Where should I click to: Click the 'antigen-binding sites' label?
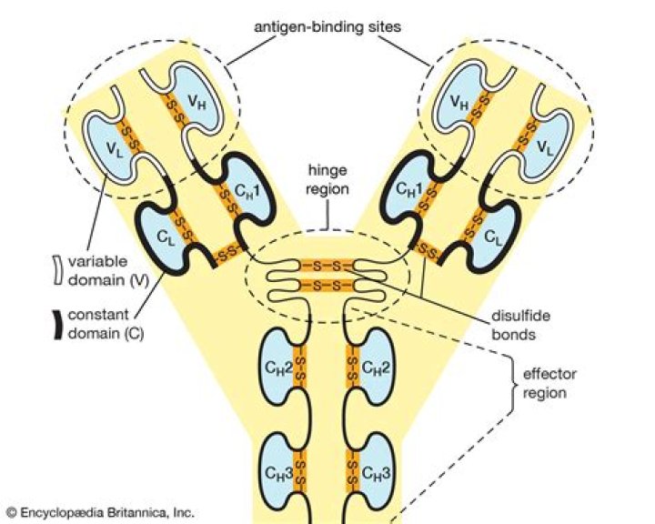point(327,27)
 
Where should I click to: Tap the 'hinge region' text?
point(327,180)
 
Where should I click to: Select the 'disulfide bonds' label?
point(520,325)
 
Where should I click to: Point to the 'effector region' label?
point(549,383)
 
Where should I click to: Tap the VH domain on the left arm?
point(195,100)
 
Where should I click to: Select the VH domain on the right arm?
point(460,100)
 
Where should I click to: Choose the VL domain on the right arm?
point(545,145)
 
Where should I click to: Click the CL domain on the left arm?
point(164,237)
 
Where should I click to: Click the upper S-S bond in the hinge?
point(327,266)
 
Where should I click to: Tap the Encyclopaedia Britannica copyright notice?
point(101,512)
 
